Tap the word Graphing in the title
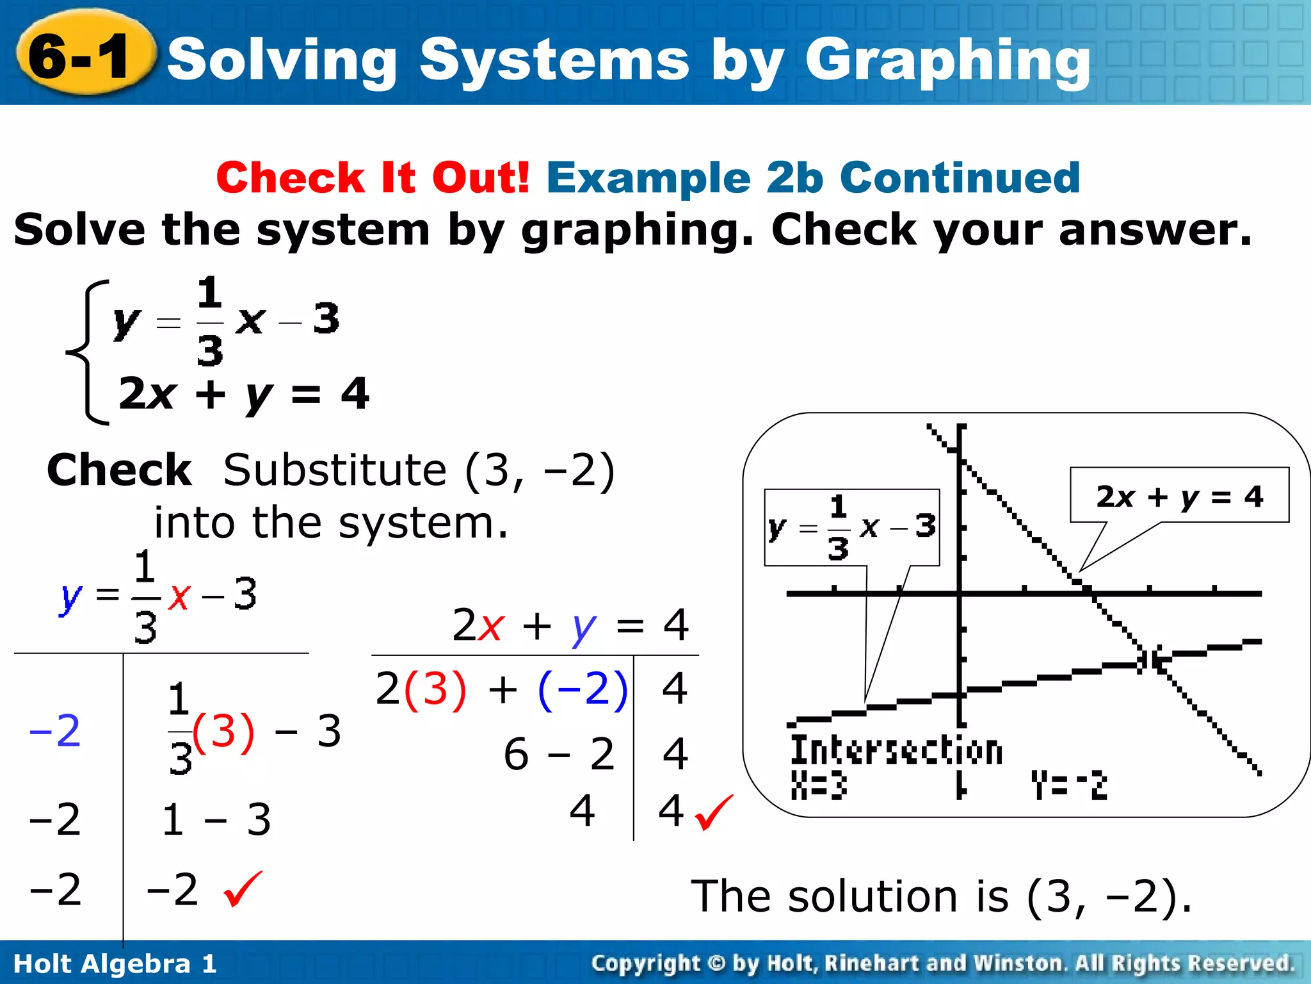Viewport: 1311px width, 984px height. [947, 61]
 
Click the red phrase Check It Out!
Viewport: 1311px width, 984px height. [373, 177]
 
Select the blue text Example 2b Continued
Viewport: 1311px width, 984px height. [813, 177]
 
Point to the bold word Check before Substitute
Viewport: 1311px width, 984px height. [120, 470]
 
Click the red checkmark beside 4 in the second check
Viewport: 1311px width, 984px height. [713, 812]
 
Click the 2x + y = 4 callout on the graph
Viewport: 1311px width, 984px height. [1179, 496]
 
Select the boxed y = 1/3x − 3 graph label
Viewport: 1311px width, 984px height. [851, 527]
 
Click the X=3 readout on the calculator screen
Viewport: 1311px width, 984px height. [819, 785]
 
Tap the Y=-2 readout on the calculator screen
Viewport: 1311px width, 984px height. [1068, 785]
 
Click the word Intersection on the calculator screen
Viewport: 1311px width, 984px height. [896, 750]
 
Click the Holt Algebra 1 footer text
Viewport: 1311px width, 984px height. [115, 963]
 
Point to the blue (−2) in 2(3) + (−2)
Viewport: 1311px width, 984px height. [583, 690]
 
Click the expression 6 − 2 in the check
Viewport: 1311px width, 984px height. [559, 753]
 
